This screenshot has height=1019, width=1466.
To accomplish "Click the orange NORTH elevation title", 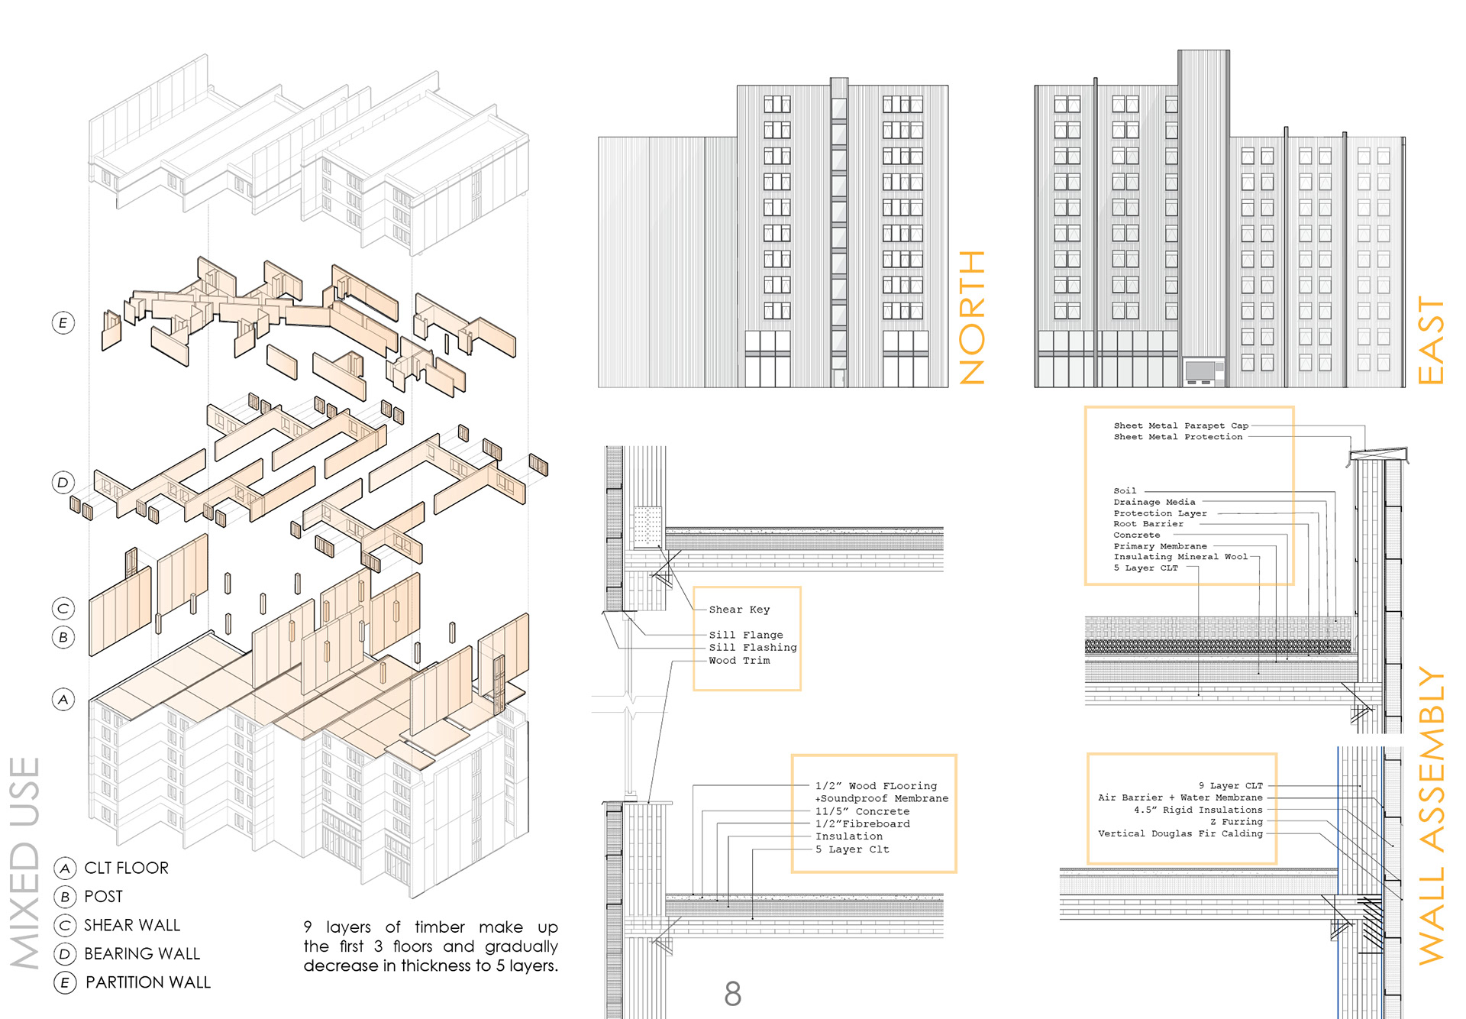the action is click(x=972, y=317).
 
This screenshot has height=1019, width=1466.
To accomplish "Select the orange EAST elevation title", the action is click(x=1430, y=340).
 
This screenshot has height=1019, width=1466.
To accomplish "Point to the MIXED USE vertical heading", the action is click(x=24, y=863).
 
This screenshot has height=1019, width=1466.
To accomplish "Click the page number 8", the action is click(x=732, y=994).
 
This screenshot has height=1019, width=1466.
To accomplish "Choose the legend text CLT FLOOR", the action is click(x=126, y=868).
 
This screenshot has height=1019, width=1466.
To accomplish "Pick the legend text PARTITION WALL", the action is click(x=147, y=982).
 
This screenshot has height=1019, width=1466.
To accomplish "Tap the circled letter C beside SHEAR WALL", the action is click(x=65, y=926).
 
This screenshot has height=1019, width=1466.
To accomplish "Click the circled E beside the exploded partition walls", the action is click(x=63, y=323).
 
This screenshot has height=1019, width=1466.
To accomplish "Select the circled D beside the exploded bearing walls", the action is click(x=63, y=482).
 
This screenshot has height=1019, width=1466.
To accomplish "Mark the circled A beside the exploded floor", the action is click(x=63, y=699).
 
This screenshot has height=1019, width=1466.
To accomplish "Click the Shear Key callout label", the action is click(x=739, y=610).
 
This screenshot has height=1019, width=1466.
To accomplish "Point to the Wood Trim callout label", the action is click(x=739, y=661).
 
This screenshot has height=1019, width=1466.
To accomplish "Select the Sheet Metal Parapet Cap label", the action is click(x=1180, y=425).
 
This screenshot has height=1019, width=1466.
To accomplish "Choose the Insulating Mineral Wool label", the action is click(x=1180, y=557).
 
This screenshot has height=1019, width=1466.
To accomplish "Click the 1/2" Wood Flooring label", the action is click(x=876, y=786).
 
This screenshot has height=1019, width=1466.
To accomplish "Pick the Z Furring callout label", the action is click(x=1236, y=822).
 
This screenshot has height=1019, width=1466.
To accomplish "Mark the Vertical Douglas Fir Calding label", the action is click(x=1180, y=833).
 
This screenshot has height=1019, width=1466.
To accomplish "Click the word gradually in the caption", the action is click(x=521, y=946).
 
